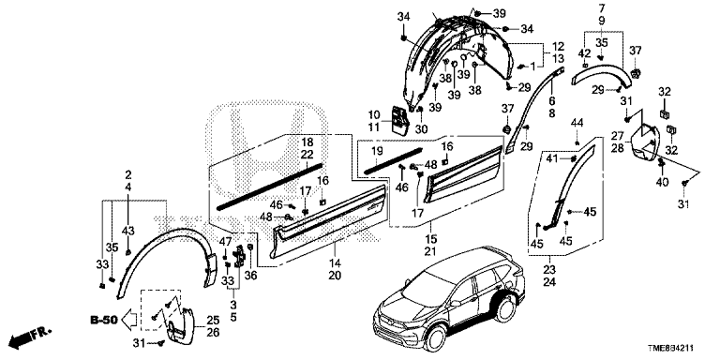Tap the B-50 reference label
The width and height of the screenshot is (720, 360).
tap(104, 319)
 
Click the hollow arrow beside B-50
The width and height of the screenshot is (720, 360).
tap(130, 319)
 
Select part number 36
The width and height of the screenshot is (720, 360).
tap(250, 276)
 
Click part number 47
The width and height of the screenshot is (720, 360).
tap(225, 242)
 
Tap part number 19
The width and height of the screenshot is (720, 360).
tap(377, 150)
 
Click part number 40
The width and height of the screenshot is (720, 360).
tap(662, 182)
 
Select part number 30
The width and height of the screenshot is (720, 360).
tap(421, 130)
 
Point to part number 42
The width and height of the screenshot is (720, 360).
tap(584, 53)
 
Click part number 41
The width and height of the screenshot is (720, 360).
tap(552, 158)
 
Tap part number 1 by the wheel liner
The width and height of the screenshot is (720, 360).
tap(532, 67)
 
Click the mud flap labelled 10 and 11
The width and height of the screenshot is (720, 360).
tap(398, 121)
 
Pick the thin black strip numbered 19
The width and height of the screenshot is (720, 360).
tap(393, 160)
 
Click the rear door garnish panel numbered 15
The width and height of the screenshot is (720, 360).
tap(464, 173)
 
